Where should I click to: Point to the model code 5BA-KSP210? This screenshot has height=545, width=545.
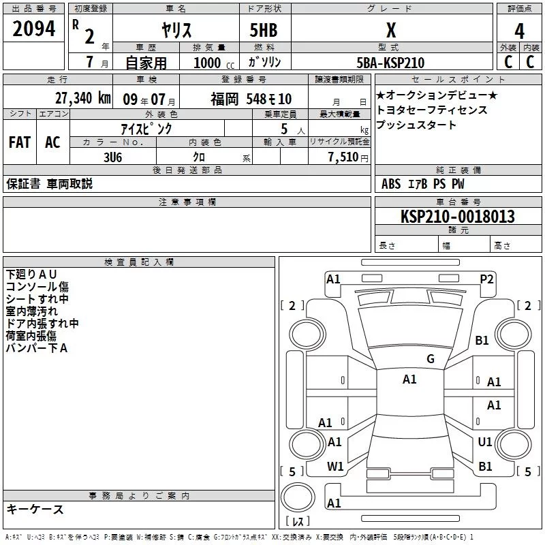point(390,63)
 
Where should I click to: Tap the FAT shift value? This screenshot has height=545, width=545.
point(20,142)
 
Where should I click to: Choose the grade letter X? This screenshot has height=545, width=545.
point(390,31)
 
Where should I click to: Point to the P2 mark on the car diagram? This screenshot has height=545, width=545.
point(486,279)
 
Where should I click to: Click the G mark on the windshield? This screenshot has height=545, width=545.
point(431,359)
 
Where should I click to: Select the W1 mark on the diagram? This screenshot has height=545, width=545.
point(335,466)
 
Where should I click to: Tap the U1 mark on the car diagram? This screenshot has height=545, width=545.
point(485,442)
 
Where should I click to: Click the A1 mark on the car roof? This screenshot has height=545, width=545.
point(409,379)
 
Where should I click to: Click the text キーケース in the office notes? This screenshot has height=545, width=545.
point(35,509)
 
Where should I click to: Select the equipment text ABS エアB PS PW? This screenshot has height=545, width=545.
point(423,184)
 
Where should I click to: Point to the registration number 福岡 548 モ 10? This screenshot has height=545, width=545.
point(251,99)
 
